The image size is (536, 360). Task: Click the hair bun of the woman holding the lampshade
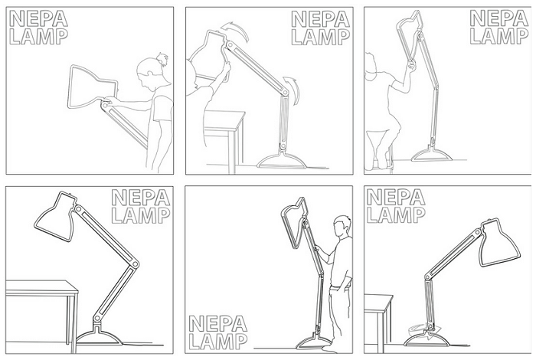[x=162, y=60]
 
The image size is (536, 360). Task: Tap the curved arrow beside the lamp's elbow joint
[x=293, y=89]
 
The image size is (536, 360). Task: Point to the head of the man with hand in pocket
[x=342, y=226]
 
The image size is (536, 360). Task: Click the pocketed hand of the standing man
[x=335, y=286]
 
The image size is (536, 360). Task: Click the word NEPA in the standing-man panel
[x=217, y=324]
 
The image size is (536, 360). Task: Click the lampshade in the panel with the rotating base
[x=501, y=244]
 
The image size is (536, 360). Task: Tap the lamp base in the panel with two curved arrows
[x=281, y=161]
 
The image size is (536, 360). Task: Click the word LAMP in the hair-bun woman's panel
[x=38, y=37]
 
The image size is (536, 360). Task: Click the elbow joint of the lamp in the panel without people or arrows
[x=136, y=264]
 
